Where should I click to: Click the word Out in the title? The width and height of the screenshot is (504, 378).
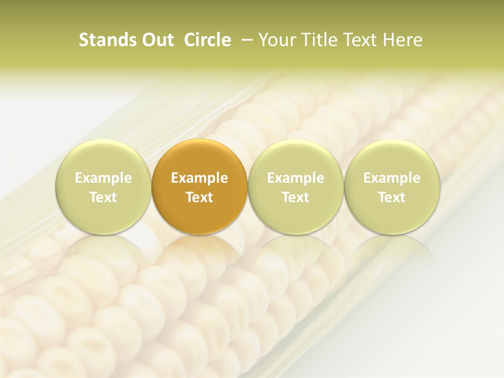156,40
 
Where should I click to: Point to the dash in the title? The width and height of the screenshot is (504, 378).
245,40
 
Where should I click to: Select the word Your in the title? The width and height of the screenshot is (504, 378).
276,40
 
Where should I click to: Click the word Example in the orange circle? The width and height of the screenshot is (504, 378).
199,178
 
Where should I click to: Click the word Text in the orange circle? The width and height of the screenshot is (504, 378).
199,197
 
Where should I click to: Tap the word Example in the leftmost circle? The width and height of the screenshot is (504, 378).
103,178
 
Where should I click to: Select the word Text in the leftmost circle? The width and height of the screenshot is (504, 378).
103,197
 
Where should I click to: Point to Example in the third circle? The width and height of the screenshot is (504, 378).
296,178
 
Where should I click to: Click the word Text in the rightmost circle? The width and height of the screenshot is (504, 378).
392,197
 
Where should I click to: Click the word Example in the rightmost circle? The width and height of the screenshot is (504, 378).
392,178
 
